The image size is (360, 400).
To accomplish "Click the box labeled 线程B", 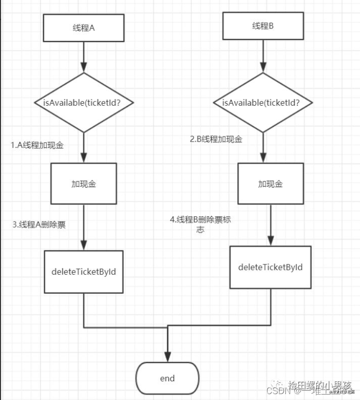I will coord(263,26).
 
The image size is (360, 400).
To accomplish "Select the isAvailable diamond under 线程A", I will coord(84,102).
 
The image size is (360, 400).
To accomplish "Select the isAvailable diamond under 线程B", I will coord(263,102).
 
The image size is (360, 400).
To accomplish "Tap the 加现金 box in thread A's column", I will coord(84,184).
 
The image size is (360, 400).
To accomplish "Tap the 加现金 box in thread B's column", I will coord(271,184).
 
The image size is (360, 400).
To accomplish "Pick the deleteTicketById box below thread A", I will coord(84,271).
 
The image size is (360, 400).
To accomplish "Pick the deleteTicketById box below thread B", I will coord(270,267).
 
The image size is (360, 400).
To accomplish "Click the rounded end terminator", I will coord(167,378).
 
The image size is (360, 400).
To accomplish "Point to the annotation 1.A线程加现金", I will coord(38,145).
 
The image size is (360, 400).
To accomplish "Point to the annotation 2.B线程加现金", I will coord(216,139).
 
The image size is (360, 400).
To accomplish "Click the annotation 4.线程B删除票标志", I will coord(200,224).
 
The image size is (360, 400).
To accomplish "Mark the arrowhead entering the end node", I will coord(167,358).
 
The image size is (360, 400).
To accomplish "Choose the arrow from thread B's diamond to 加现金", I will coord(263,147).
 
